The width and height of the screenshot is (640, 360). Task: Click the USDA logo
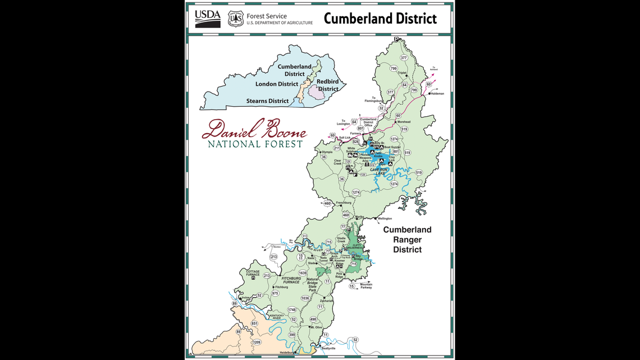click(207, 19)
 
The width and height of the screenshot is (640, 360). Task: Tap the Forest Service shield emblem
click(236, 19)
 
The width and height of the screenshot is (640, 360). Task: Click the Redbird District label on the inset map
click(328, 85)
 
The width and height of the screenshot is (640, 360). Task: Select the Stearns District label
click(267, 101)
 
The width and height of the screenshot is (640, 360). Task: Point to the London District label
click(277, 84)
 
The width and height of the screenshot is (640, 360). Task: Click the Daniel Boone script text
click(254, 130)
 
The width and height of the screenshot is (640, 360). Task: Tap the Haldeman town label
click(437, 94)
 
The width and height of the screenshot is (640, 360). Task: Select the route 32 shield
click(381, 108)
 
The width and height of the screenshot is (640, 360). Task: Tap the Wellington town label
click(385, 218)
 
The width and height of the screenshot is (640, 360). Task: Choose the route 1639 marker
click(303, 273)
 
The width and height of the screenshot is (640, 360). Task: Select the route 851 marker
click(254, 323)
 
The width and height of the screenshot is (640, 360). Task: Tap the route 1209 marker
click(257, 342)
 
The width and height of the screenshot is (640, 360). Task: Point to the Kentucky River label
click(277, 317)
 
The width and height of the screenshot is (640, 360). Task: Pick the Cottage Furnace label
click(253, 273)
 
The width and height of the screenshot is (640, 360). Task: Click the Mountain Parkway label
click(366, 286)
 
